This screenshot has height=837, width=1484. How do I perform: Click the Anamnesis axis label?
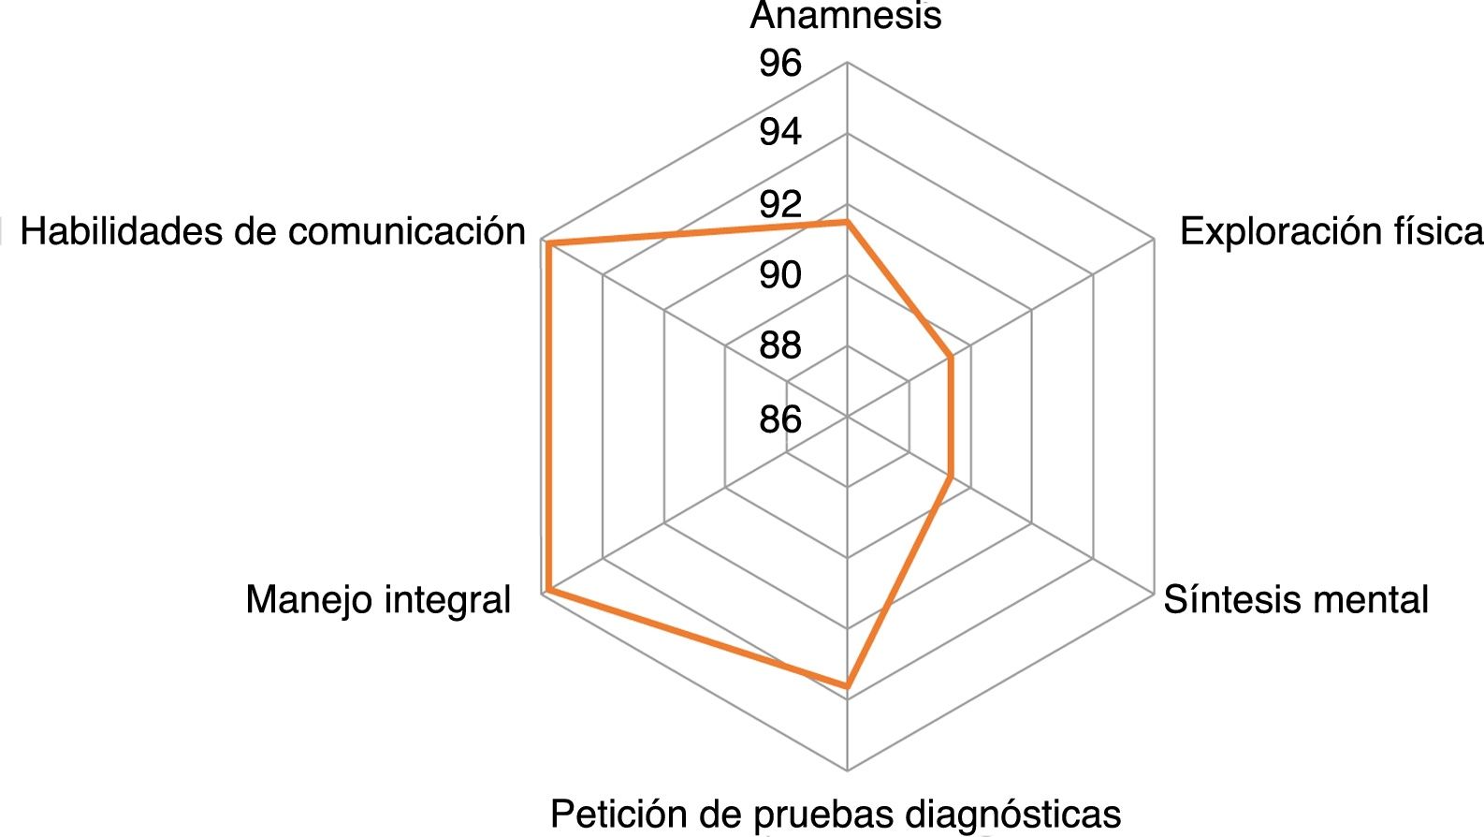[x=846, y=16]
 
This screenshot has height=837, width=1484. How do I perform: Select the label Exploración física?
[x=1331, y=231]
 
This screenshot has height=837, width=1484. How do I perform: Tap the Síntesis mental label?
[x=1296, y=599]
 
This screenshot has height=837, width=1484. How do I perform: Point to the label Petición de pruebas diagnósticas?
[x=835, y=814]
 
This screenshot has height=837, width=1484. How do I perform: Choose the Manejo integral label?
[x=378, y=599]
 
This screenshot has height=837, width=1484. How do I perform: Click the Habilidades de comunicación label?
[x=273, y=231]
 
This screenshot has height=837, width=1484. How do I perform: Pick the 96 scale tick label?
[x=780, y=64]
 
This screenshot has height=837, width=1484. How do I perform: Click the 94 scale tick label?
[x=780, y=133]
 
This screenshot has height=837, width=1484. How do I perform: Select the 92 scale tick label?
[x=780, y=204]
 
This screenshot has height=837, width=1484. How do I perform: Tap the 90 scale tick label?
[x=780, y=275]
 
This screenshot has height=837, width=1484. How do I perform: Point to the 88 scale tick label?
[x=780, y=346]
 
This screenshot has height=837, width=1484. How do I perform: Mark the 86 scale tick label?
[x=780, y=418]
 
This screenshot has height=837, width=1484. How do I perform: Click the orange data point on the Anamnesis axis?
[x=847, y=223]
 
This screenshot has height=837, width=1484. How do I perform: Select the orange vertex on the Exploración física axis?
[x=951, y=357]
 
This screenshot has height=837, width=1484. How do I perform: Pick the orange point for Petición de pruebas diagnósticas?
[x=847, y=688]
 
